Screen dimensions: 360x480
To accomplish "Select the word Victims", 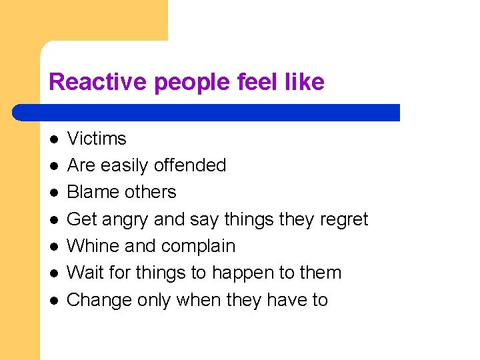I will pos(97,139).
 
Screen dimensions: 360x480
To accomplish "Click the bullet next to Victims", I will pos(53,139).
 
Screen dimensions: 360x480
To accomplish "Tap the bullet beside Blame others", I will pos(53,193).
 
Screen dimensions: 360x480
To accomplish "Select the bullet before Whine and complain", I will pos(53,247).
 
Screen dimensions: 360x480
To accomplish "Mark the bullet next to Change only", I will pos(53,301).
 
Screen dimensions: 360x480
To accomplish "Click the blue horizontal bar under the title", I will pos(207,112).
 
